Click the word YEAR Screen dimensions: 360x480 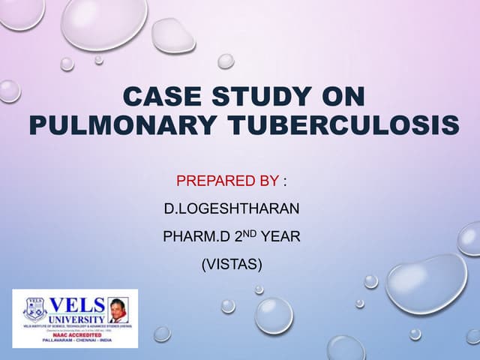pos(280,237)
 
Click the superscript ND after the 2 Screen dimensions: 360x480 pos(247,233)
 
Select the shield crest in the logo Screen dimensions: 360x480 pos(35,309)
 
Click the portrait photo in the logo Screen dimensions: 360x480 pos(118,308)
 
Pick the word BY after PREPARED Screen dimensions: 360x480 pos(268,181)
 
